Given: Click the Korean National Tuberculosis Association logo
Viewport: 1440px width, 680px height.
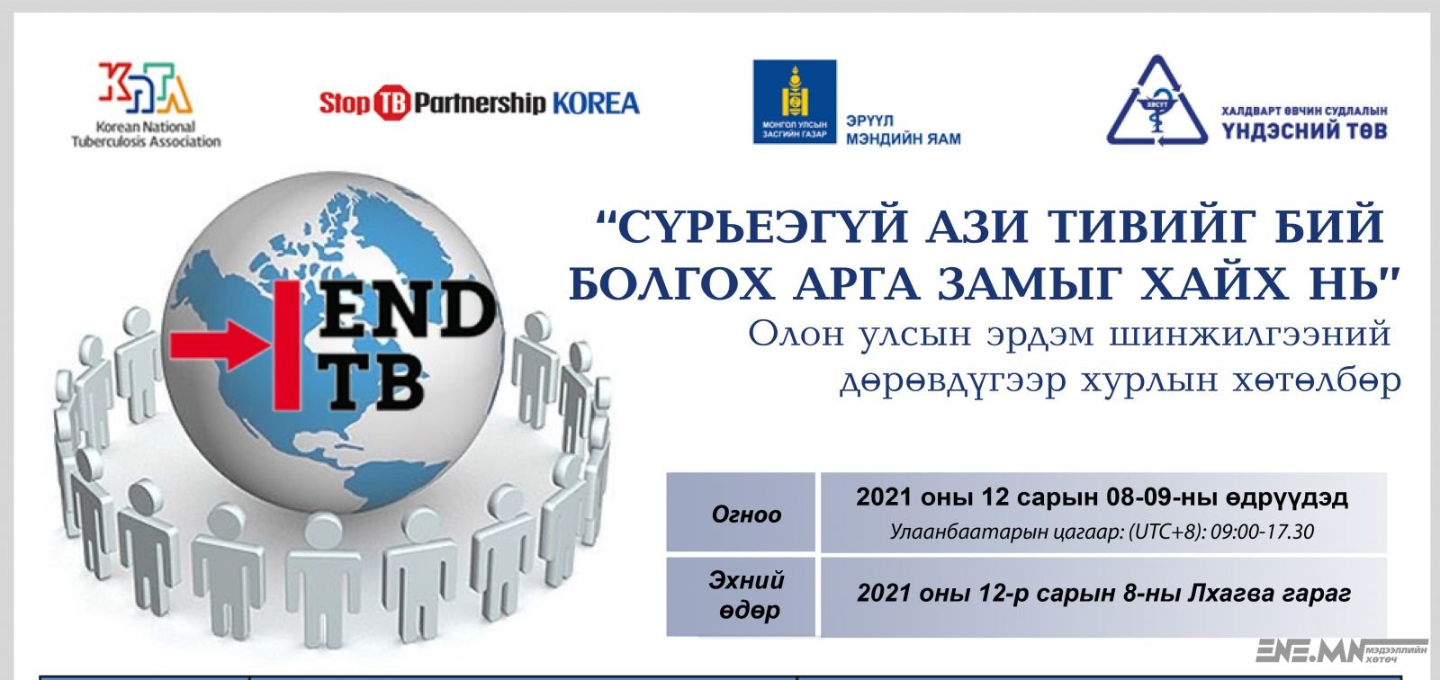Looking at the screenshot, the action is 146,104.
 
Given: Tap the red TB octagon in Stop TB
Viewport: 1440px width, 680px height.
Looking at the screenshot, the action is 391,103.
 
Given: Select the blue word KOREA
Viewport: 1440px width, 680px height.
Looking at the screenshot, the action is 596,103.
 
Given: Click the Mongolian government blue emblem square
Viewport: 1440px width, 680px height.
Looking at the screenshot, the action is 795,102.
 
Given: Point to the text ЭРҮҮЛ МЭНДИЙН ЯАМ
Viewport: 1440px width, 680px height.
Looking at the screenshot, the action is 904,130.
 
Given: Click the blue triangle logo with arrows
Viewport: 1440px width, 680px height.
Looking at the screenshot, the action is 1157,100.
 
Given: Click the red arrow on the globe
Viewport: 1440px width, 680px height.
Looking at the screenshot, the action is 221,345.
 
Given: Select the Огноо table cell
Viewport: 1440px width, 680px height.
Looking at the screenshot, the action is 741,513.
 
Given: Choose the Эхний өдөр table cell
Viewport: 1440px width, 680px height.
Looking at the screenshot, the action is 741,596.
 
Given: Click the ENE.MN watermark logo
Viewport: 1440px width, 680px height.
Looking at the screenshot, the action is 1340,651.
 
